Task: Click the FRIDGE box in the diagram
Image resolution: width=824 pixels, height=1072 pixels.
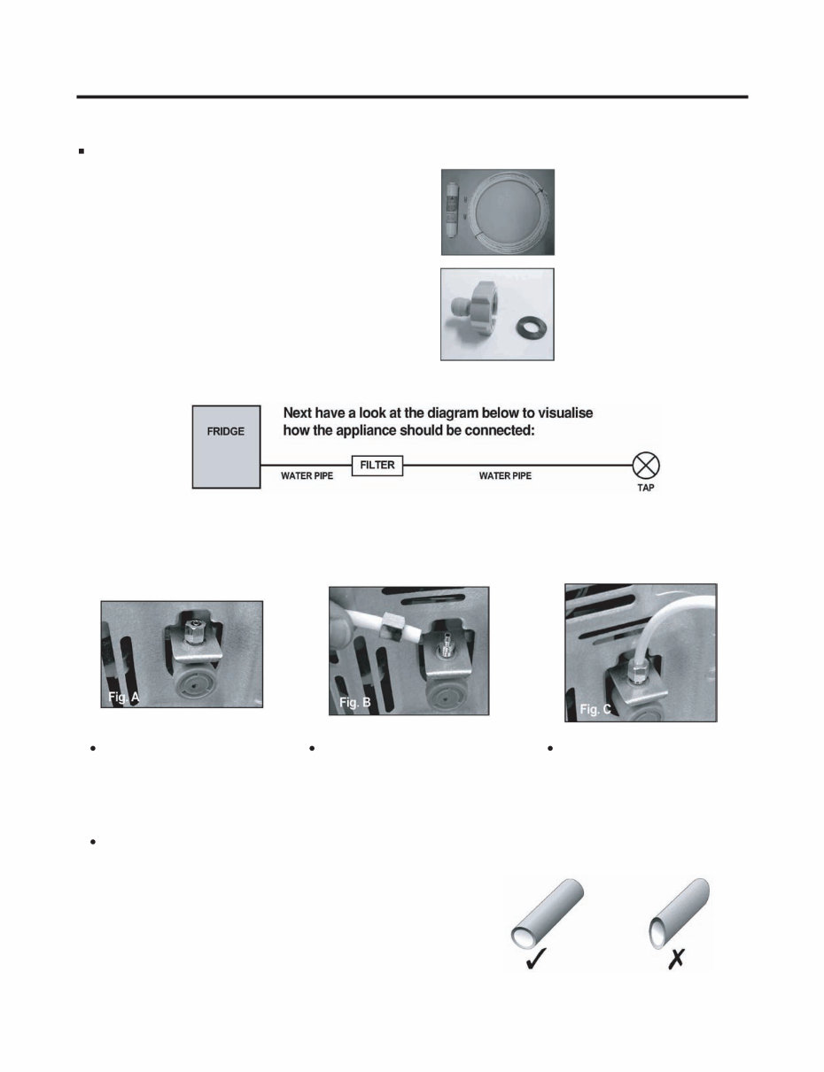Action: click(x=226, y=446)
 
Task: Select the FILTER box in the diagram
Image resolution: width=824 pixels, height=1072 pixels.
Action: click(x=377, y=465)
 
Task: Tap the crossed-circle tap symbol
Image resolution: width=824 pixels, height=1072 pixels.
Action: click(x=647, y=465)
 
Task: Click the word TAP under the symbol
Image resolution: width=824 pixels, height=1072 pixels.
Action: click(x=646, y=489)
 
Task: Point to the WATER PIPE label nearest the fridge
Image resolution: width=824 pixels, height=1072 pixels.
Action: click(x=307, y=476)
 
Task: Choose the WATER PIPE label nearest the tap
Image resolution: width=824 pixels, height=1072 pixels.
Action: click(x=505, y=476)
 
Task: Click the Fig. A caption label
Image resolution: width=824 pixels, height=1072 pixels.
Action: click(x=117, y=698)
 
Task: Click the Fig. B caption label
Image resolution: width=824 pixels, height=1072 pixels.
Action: click(x=355, y=702)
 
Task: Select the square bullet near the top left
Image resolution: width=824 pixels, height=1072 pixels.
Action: click(x=81, y=151)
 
